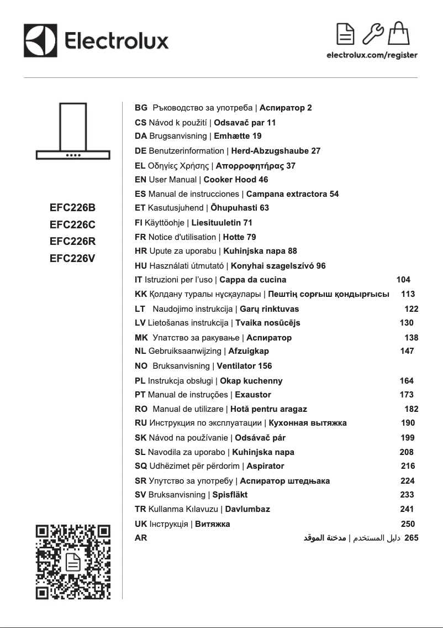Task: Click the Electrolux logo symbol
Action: tap(40, 40)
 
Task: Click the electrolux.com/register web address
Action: tap(372, 55)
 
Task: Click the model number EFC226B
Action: tap(72, 208)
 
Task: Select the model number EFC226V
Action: tap(72, 258)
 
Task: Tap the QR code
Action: tap(73, 562)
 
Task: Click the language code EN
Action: tap(140, 180)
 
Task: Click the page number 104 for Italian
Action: tap(403, 280)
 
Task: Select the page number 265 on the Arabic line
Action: tap(412, 537)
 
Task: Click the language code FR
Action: tap(140, 237)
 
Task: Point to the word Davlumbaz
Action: tap(247, 509)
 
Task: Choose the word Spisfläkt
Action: tap(230, 494)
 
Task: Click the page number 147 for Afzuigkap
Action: tap(407, 351)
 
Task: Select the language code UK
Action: tap(141, 524)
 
